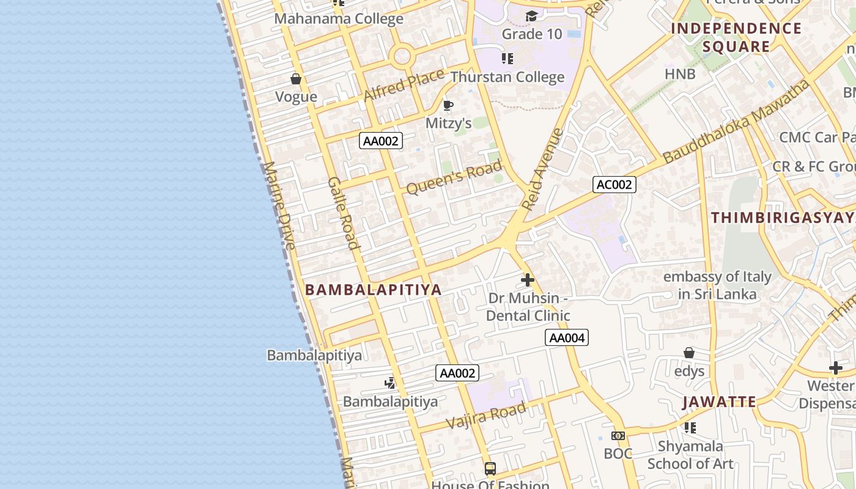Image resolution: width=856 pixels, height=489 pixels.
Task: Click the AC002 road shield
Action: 614,185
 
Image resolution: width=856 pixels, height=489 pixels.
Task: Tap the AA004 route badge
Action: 566,337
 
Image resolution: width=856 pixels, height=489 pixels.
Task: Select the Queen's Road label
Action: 454,177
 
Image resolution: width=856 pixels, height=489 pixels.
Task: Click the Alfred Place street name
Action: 404,86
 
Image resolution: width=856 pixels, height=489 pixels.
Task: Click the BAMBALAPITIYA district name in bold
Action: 373,290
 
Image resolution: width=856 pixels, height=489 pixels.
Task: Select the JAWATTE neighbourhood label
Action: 719,402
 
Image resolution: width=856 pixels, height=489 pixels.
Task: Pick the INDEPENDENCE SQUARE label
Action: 736,37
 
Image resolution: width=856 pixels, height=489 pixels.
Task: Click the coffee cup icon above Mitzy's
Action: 448,106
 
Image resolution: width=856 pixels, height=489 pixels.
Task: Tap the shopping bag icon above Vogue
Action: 296,79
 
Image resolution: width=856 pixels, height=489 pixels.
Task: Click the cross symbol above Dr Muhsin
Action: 528,280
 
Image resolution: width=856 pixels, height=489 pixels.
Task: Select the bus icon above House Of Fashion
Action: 490,469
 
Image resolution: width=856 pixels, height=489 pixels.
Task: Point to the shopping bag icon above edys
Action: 689,353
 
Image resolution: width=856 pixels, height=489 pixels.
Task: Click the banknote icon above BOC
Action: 618,436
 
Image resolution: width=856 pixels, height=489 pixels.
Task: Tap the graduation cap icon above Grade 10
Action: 531,16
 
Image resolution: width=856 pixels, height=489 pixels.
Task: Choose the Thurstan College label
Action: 507,77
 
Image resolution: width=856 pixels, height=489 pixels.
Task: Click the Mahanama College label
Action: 338,18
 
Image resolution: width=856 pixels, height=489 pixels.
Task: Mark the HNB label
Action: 680,74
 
